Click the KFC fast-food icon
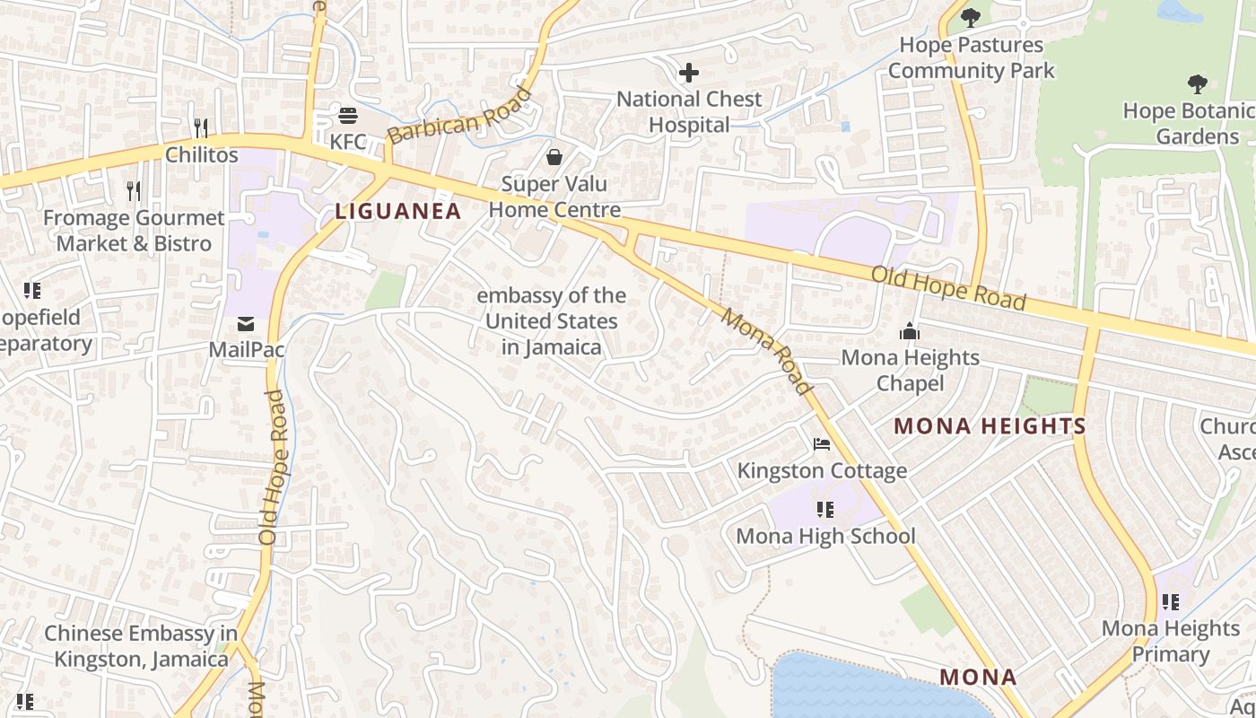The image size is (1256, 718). pyautogui.click(x=348, y=116)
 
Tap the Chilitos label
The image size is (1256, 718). pyautogui.click(x=202, y=154)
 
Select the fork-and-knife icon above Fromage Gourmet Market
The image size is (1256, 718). pyautogui.click(x=134, y=190)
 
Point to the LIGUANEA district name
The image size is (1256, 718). pyautogui.click(x=397, y=212)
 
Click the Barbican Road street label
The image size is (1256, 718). pyautogui.click(x=459, y=116)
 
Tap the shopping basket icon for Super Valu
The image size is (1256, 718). pyautogui.click(x=554, y=157)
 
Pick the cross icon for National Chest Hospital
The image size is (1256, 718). pyautogui.click(x=689, y=72)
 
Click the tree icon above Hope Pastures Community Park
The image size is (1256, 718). pyautogui.click(x=970, y=17)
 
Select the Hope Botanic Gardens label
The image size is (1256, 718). pyautogui.click(x=1189, y=123)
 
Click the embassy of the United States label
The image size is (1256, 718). pyautogui.click(x=551, y=321)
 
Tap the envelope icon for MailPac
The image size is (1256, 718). pyautogui.click(x=246, y=323)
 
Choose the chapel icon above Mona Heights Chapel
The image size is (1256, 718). pyautogui.click(x=910, y=332)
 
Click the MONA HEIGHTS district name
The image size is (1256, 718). pyautogui.click(x=990, y=426)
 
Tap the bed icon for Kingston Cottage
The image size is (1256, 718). pyautogui.click(x=821, y=443)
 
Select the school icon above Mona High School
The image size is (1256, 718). pyautogui.click(x=824, y=510)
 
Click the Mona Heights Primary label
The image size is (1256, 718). pyautogui.click(x=1170, y=641)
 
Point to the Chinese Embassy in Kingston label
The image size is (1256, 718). pyautogui.click(x=141, y=646)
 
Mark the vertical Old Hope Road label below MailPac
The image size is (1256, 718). pyautogui.click(x=272, y=467)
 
